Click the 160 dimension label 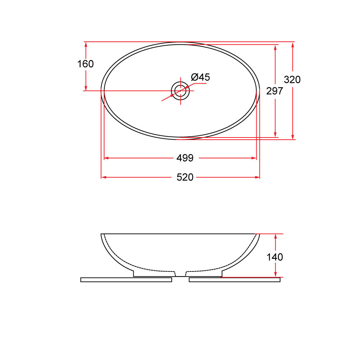pos(85,64)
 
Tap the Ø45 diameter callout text pos(200,77)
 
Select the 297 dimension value pos(274,91)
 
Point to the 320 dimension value pos(292,80)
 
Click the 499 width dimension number pos(185,158)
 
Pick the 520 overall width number pos(185,177)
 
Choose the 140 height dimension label pos(275,257)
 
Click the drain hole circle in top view pos(180,90)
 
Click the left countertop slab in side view pos(126,280)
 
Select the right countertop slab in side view pos(234,280)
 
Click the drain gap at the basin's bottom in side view pos(180,274)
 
